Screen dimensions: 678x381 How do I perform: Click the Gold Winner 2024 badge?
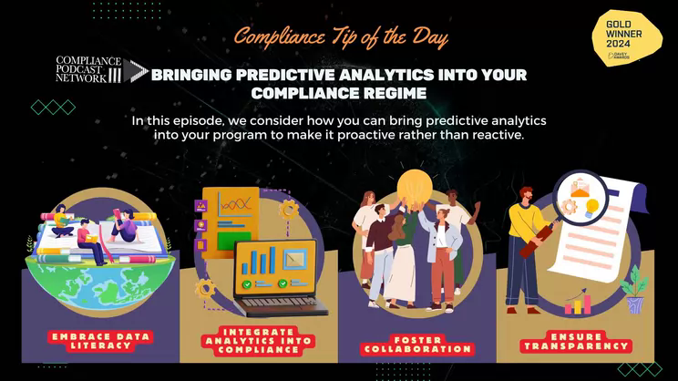(x=627, y=38)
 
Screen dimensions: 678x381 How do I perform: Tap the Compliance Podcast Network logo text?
(x=88, y=69)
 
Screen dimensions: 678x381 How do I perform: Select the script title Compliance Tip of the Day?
(x=341, y=37)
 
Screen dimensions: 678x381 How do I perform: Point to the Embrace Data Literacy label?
(x=101, y=341)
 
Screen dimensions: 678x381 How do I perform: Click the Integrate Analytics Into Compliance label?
(x=258, y=341)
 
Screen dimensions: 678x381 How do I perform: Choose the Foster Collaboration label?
(x=417, y=345)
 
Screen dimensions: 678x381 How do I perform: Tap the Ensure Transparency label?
(x=576, y=341)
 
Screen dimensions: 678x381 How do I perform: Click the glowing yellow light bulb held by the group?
(x=415, y=186)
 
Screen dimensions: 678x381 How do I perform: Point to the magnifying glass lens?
(x=580, y=198)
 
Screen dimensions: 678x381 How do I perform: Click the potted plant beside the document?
(x=634, y=289)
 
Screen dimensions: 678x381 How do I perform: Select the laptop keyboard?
(x=277, y=301)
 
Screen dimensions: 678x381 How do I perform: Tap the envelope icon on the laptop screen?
(x=295, y=260)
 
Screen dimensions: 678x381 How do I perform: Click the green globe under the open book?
(x=100, y=282)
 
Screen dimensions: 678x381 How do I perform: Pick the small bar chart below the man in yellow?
(x=578, y=302)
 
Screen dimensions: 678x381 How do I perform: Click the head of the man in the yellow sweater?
(x=527, y=195)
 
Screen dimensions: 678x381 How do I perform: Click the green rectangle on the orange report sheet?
(x=234, y=241)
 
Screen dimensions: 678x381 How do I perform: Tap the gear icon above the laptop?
(x=288, y=211)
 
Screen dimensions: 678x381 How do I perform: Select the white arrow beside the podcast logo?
(x=136, y=70)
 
